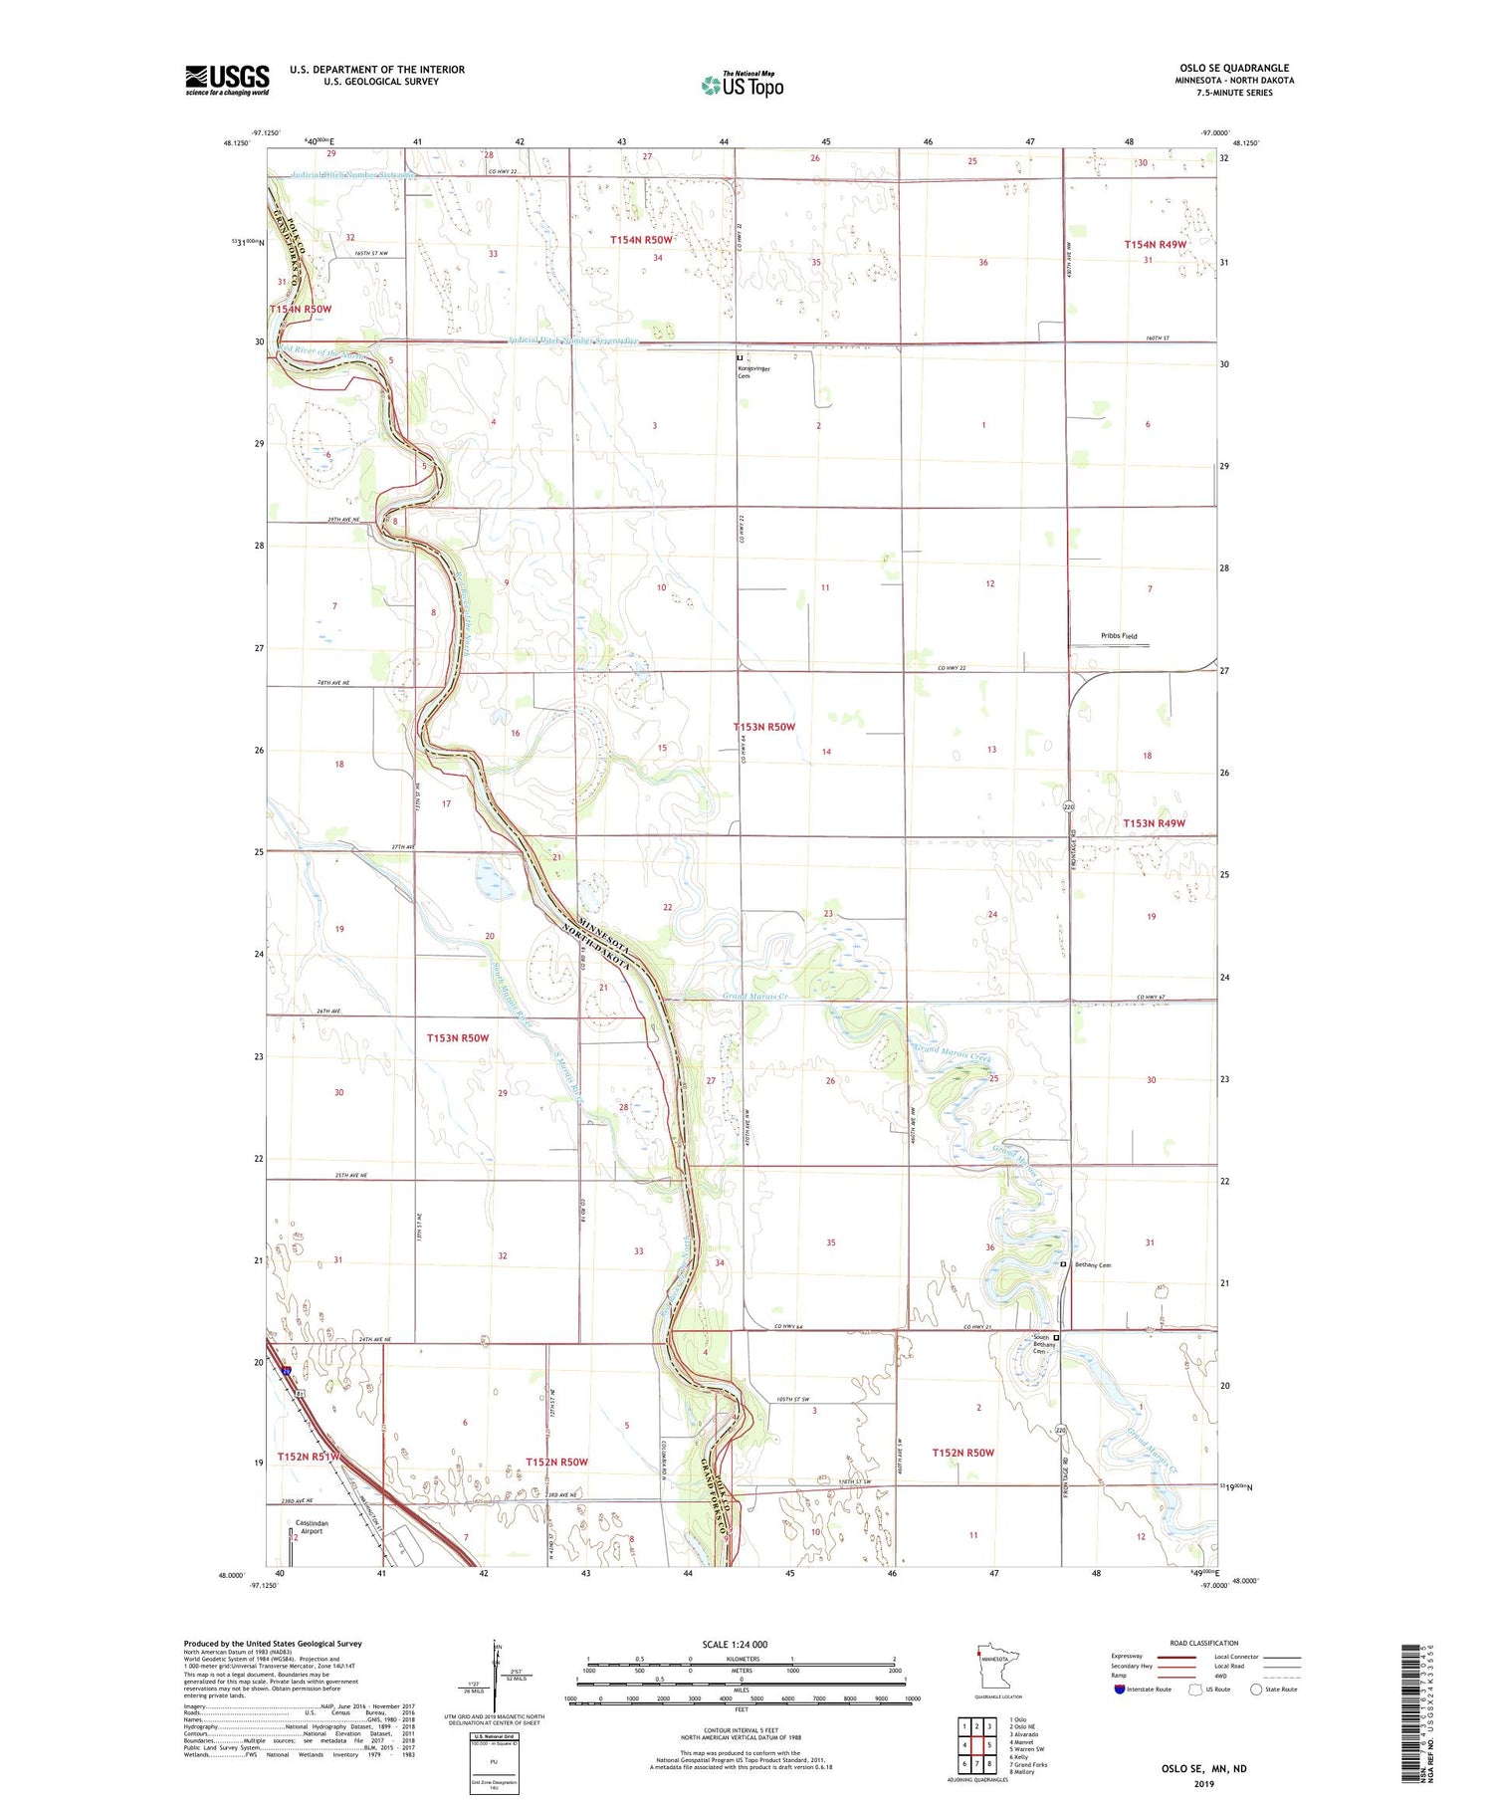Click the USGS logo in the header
227,80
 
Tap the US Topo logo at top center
742,86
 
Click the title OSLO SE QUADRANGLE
1234,68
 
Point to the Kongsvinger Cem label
753,371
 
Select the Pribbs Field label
1119,635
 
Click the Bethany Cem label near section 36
1090,1264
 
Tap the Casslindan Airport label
312,1527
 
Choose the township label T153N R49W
1154,823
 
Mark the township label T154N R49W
1155,244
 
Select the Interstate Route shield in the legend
1119,1690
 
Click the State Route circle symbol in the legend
1256,1689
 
